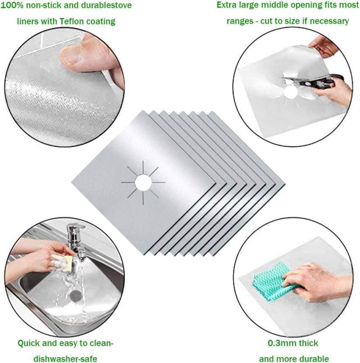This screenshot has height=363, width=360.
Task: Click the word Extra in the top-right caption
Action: pos(227,5)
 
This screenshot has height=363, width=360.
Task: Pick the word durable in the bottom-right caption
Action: pos(314,359)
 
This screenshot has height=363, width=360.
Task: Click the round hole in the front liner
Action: pos(143,182)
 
